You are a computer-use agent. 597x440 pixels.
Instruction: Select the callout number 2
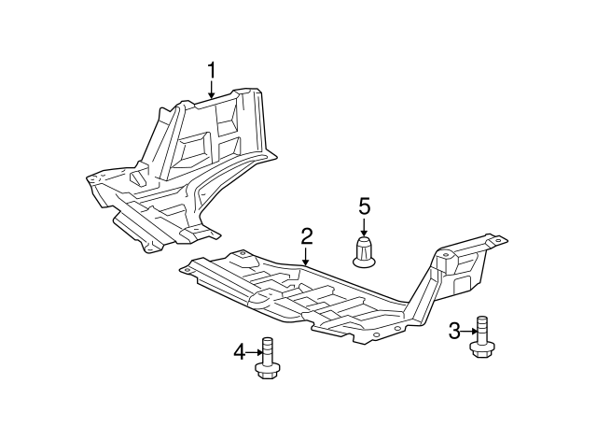coord(305,236)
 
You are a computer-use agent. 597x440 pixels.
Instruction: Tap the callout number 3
coord(454,331)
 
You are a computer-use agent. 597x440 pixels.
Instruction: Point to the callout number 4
coord(239,352)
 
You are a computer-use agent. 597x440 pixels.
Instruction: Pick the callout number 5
coord(365,206)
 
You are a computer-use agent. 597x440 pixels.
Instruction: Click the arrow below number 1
coord(212,90)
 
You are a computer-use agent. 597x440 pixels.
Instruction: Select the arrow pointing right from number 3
coord(469,331)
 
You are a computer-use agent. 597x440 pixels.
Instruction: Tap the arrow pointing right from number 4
coord(254,352)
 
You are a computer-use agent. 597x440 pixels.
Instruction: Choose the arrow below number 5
coord(365,227)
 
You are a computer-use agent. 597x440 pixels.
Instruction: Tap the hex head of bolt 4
coord(267,372)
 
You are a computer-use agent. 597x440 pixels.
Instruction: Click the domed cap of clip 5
coord(365,248)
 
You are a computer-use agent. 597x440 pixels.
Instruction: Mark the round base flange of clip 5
coord(365,262)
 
